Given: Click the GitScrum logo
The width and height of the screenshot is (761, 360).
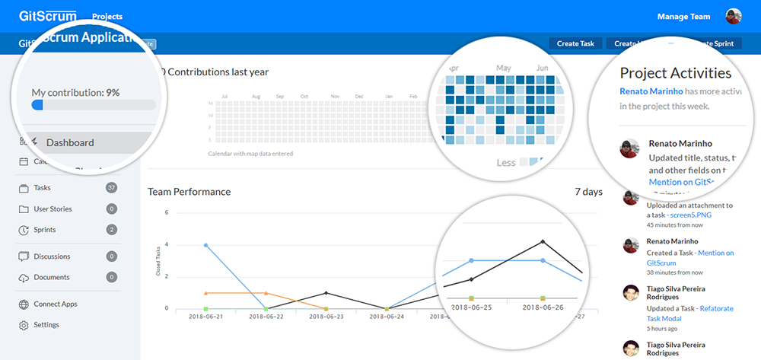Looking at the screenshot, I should click(x=48, y=15).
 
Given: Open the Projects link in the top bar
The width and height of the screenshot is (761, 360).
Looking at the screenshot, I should click(x=107, y=17).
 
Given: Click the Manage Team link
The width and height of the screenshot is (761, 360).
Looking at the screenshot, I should click(x=683, y=17).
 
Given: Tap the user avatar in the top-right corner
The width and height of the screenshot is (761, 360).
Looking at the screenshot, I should click(x=734, y=17).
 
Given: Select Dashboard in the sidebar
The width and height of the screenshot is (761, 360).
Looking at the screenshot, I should click(x=70, y=142).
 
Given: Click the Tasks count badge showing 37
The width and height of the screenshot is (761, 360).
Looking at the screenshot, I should click(x=112, y=188).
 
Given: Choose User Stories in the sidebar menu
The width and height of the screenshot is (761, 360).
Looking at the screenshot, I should click(x=53, y=209).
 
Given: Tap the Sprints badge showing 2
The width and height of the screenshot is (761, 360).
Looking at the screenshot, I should click(x=112, y=230).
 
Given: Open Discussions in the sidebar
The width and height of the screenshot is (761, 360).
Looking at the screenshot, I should click(x=52, y=256).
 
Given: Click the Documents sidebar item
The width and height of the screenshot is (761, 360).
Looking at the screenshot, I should click(x=51, y=278).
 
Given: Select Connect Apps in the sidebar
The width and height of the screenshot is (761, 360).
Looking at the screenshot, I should click(x=55, y=304).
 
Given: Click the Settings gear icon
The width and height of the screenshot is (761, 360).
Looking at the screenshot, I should click(x=24, y=325).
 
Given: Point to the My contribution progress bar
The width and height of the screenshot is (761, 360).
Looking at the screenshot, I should click(x=94, y=106).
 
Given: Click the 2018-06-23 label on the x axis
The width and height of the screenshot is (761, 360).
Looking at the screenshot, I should click(x=326, y=316).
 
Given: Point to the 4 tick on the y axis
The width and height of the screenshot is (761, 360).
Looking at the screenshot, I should click(x=166, y=245).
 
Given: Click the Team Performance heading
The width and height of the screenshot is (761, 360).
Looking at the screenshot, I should click(x=189, y=192).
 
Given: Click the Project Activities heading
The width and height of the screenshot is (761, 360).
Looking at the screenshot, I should click(x=675, y=73).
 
